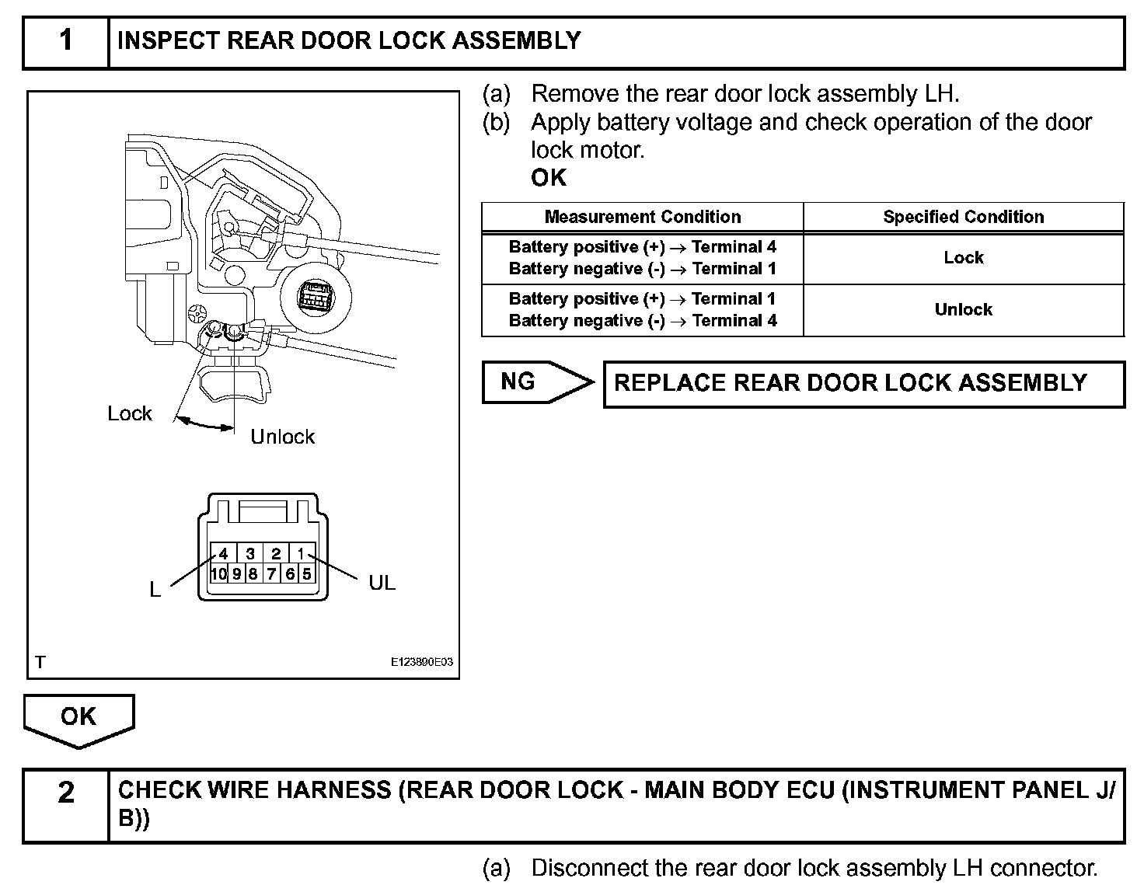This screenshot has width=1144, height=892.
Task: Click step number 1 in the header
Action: click(66, 40)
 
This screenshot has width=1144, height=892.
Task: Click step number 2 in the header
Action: click(66, 793)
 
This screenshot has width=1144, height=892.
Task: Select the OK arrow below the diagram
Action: click(78, 719)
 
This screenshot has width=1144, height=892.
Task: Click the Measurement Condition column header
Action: click(642, 217)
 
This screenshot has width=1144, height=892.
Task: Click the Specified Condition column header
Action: click(963, 217)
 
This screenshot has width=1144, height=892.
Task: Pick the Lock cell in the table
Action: click(963, 257)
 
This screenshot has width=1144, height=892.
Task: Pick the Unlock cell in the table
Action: click(963, 309)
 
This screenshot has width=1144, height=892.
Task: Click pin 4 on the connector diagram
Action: click(224, 554)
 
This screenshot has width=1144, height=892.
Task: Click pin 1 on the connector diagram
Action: click(301, 554)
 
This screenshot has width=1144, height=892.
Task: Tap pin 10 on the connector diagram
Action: click(218, 574)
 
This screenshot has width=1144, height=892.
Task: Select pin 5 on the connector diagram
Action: click(306, 574)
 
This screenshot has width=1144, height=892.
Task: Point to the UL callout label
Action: click(382, 582)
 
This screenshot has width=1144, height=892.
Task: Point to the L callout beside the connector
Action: click(155, 591)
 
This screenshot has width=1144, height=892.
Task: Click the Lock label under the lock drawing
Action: click(130, 413)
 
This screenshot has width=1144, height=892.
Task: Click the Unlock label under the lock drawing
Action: click(282, 437)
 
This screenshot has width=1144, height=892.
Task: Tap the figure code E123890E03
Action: click(421, 662)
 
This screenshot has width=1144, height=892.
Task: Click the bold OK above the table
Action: click(549, 178)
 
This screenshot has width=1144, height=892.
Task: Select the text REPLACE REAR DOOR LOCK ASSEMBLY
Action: click(850, 383)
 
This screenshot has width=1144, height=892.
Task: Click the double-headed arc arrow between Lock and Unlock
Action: click(204, 423)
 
